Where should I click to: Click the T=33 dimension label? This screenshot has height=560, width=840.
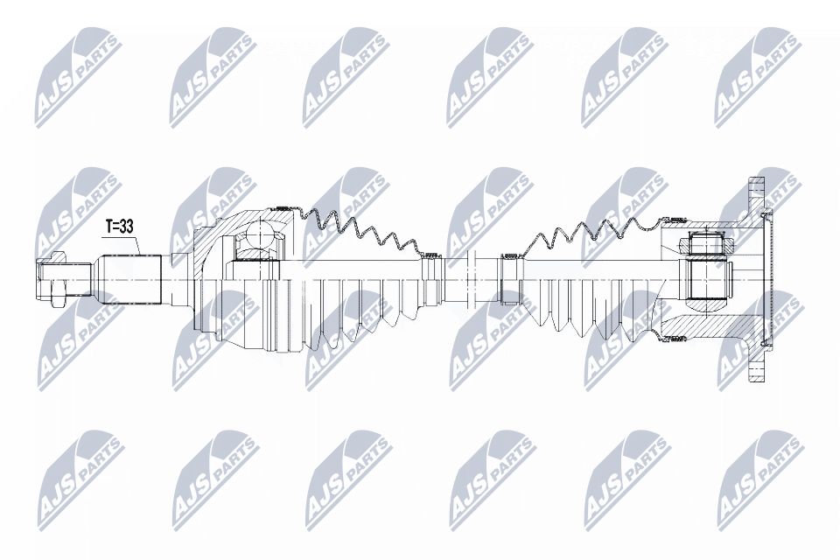point(119,227)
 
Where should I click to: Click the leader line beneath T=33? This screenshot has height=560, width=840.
point(140,245)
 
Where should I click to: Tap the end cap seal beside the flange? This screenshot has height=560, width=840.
point(771,278)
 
